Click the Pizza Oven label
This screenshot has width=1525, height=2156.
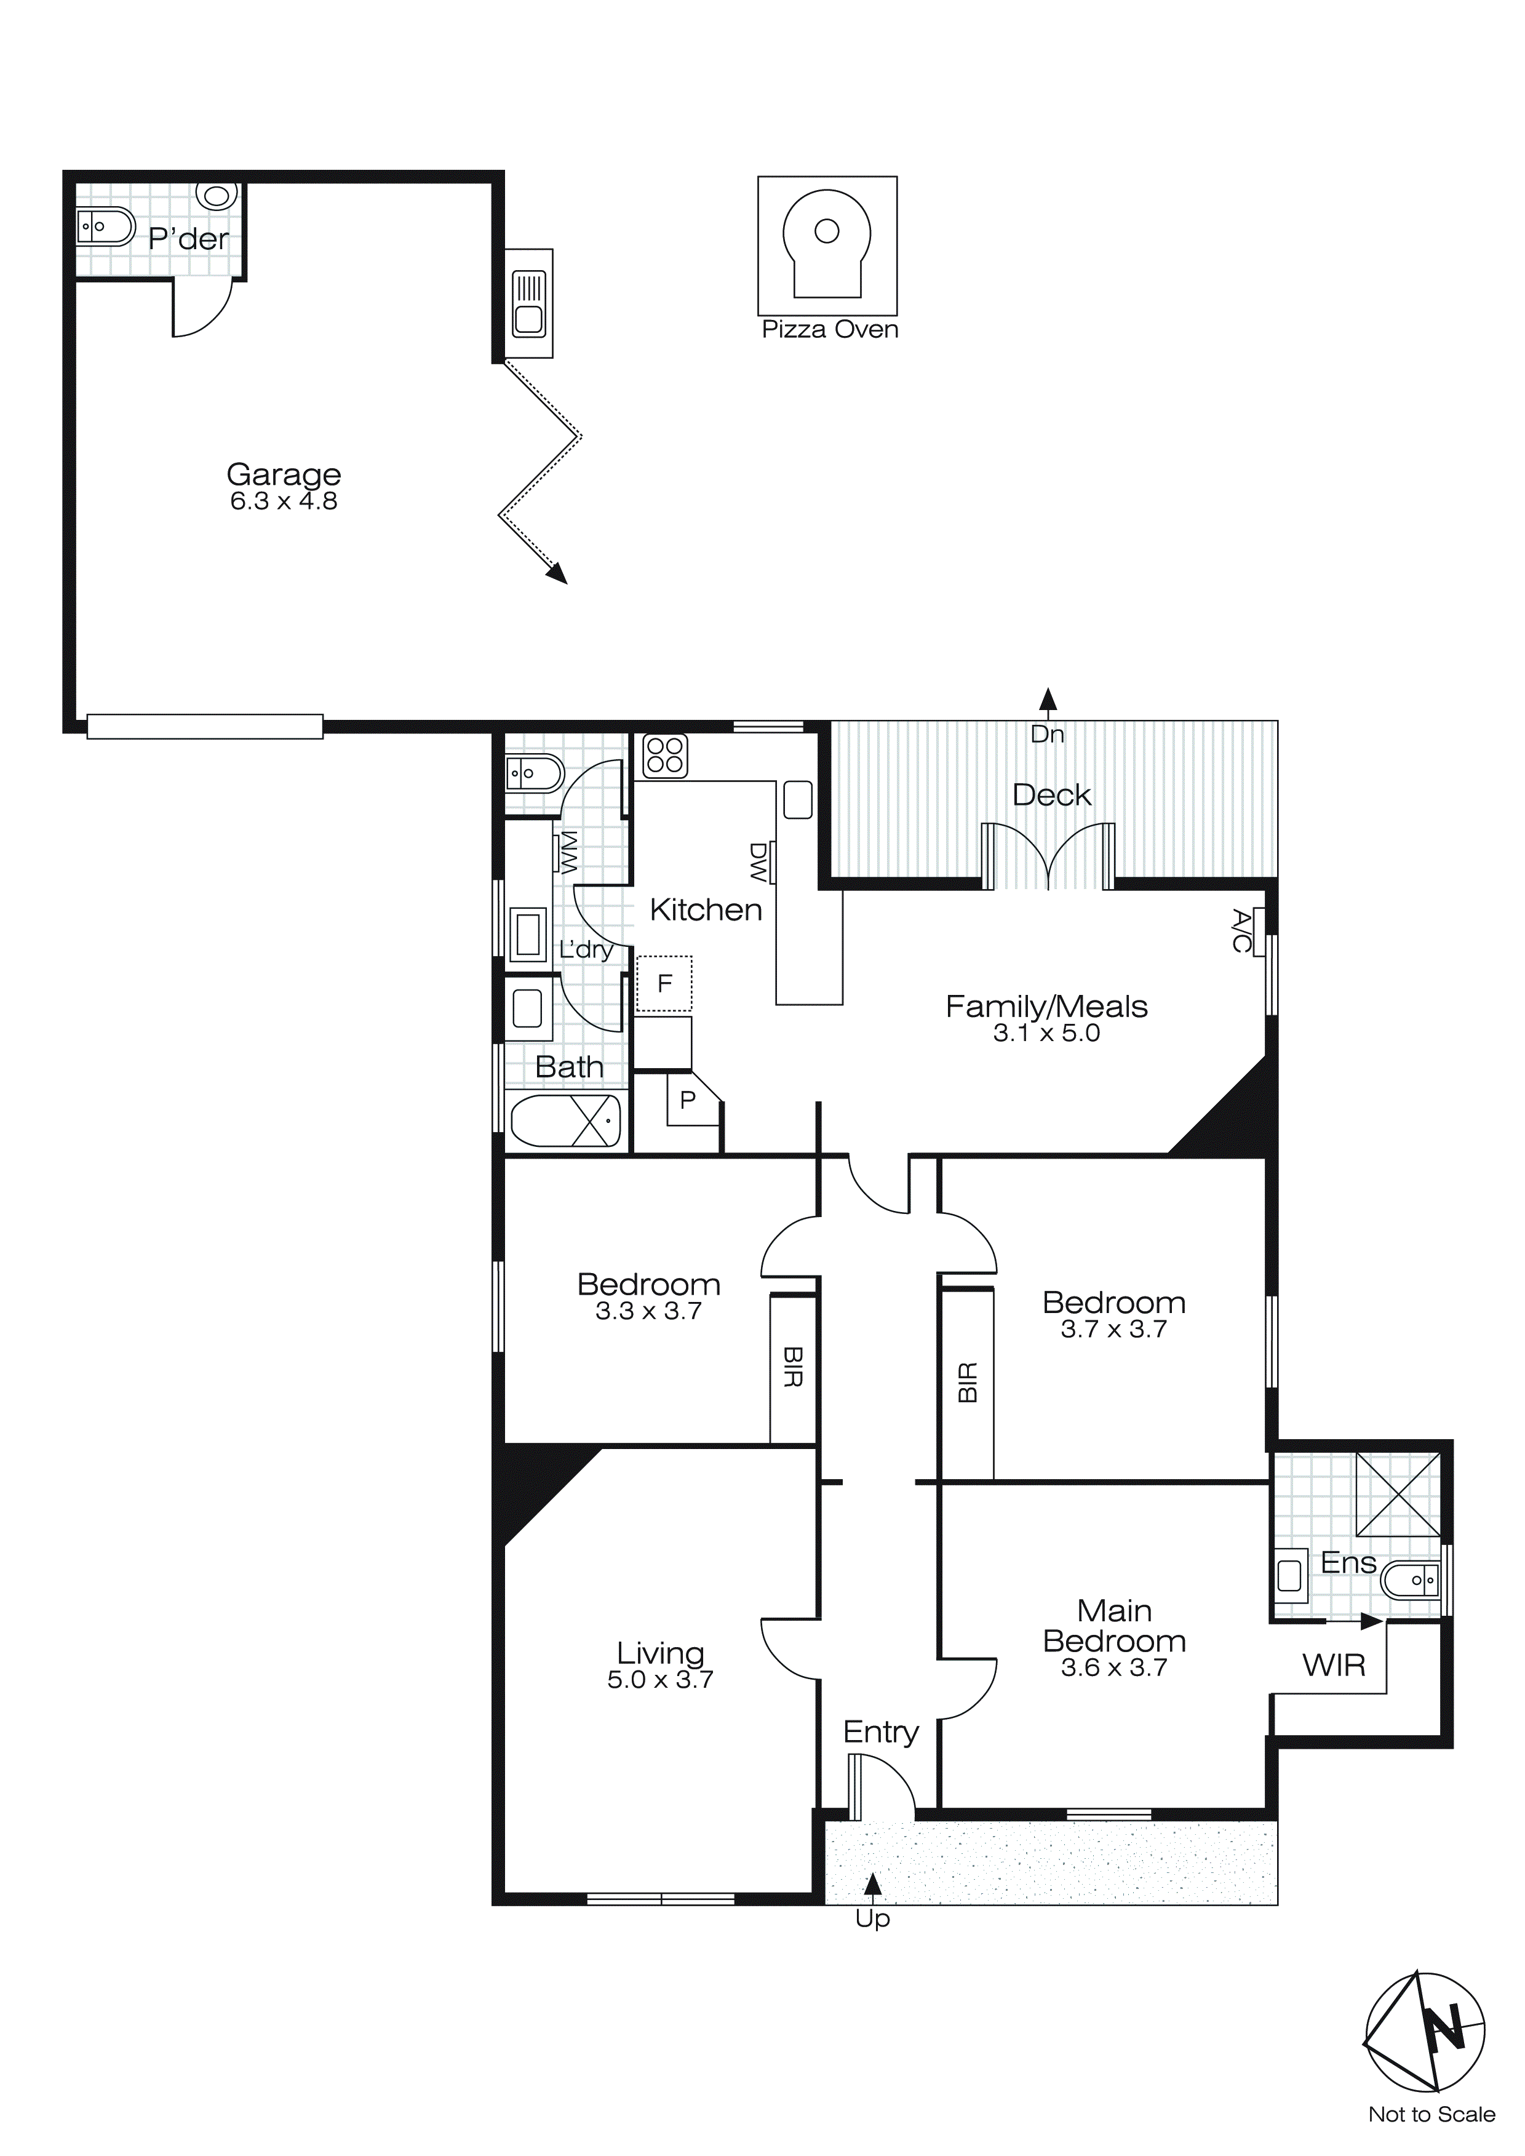pyautogui.click(x=829, y=330)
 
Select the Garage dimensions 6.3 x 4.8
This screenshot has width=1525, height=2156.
pyautogui.click(x=284, y=501)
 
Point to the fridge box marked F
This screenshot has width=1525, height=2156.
pyautogui.click(x=664, y=983)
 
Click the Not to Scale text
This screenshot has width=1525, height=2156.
pyautogui.click(x=1431, y=2115)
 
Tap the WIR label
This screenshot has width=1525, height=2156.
pyautogui.click(x=1334, y=1666)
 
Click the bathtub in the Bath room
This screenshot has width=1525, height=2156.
pyautogui.click(x=565, y=1120)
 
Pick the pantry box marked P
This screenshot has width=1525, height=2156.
pyautogui.click(x=688, y=1100)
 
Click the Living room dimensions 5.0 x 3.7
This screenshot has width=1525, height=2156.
pyautogui.click(x=660, y=1680)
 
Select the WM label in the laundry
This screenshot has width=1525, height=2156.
pyautogui.click(x=569, y=853)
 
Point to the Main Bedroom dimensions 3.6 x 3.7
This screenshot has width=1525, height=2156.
pyautogui.click(x=1113, y=1667)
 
